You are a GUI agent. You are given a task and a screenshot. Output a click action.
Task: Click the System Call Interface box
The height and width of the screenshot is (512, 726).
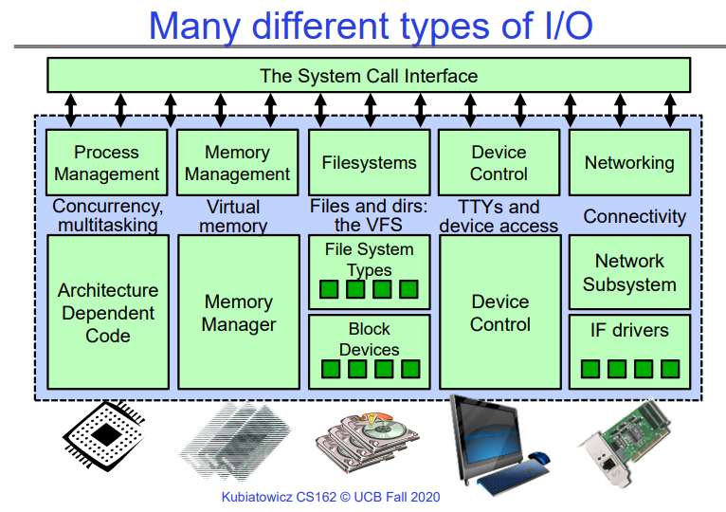pos(369,75)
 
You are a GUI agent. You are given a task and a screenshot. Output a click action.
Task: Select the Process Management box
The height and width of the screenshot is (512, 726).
pos(106,163)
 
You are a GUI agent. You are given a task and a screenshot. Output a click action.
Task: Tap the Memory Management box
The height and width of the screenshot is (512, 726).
pos(237,163)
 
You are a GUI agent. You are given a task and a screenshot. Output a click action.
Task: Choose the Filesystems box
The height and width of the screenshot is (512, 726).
pos(369,163)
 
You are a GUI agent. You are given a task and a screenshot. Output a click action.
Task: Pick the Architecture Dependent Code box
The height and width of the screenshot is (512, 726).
pos(107,312)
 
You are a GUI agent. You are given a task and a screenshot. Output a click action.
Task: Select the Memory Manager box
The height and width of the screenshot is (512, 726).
pos(239,312)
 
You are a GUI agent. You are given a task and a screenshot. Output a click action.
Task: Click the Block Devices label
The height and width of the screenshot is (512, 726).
pos(369,339)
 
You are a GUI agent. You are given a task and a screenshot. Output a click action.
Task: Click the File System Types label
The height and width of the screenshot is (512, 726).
pos(369,259)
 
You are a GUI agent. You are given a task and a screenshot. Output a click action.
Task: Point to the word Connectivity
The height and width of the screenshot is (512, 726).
pos(634,216)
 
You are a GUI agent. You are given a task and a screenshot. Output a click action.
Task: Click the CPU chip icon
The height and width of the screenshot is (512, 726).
pos(106,439)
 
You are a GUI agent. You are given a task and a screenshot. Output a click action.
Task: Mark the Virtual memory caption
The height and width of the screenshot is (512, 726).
pos(233,216)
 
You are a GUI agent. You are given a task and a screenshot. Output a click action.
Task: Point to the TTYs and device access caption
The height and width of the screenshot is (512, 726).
pos(499,216)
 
